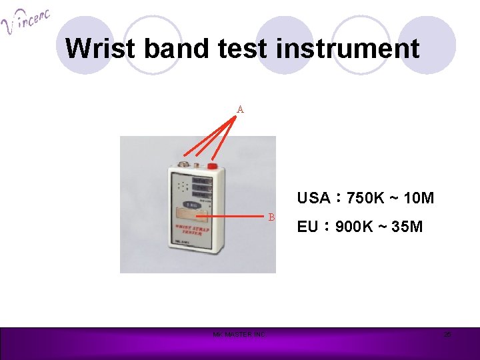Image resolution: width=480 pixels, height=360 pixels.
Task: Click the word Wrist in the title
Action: pos(93,49)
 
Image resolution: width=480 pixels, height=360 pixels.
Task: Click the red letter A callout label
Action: pos(240,109)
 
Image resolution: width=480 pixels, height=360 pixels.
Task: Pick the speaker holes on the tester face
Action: pos(179,185)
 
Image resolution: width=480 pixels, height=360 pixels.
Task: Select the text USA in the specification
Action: pos(313,198)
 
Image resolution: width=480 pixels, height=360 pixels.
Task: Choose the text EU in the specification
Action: pos(307,227)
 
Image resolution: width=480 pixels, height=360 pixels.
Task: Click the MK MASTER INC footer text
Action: pos(238,334)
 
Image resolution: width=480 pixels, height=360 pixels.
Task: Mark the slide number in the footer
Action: pos(447,334)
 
